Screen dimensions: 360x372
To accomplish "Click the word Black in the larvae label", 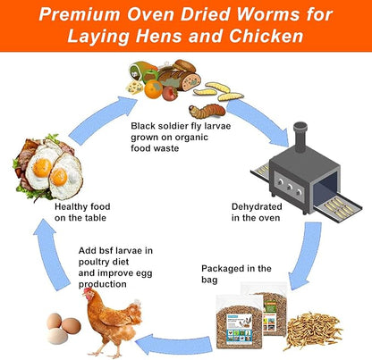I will [x=146, y=126].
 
